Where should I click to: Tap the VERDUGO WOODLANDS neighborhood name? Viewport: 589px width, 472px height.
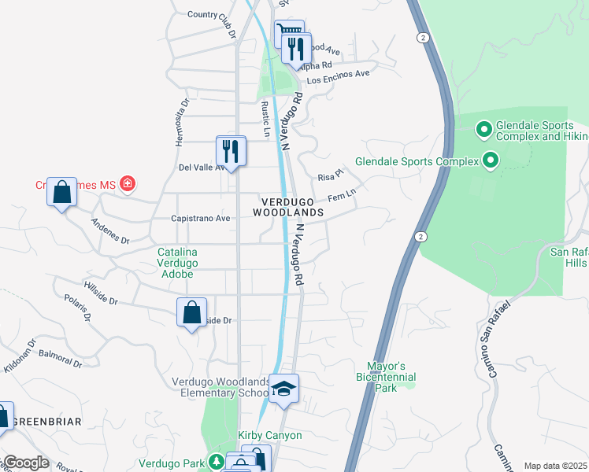point(288,207)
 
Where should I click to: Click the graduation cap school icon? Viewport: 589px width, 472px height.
point(283,389)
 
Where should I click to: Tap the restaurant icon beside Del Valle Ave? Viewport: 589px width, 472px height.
point(231,150)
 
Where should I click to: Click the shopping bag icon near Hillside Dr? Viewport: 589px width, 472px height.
point(191,312)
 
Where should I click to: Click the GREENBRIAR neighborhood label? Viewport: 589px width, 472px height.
point(47,422)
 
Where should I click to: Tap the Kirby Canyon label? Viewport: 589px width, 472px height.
point(270,435)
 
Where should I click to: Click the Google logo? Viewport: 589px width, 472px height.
point(26,463)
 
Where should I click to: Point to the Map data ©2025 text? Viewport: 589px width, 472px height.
point(555,466)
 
